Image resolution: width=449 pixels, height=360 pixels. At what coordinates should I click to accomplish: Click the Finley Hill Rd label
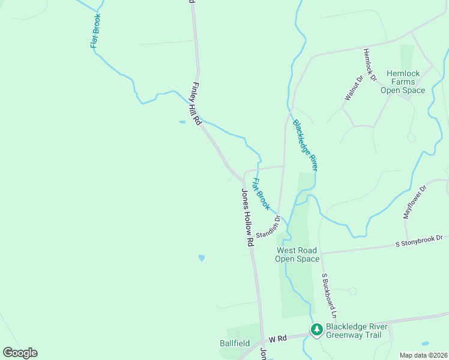tap(196, 103)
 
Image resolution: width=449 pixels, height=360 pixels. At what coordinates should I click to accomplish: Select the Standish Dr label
tap(268, 226)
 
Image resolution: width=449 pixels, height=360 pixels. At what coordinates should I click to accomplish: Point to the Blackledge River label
tap(305, 146)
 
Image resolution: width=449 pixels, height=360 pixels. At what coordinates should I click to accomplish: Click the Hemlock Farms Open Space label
tap(403, 82)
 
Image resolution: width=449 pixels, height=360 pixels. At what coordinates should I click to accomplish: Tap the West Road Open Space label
tap(297, 254)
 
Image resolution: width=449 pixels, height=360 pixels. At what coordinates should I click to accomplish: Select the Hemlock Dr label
tap(369, 65)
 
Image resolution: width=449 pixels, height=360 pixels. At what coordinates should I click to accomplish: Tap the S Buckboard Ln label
tap(329, 296)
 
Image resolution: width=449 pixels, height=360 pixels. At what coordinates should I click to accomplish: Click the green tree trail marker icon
tap(316, 329)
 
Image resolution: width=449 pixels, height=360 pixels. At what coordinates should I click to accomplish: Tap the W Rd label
tap(276, 338)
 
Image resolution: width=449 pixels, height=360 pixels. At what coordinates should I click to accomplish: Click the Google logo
tap(20, 352)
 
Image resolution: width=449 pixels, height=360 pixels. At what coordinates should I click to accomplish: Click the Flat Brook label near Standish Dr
tap(260, 194)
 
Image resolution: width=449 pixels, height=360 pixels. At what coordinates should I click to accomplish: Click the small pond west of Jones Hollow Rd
tap(201, 258)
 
